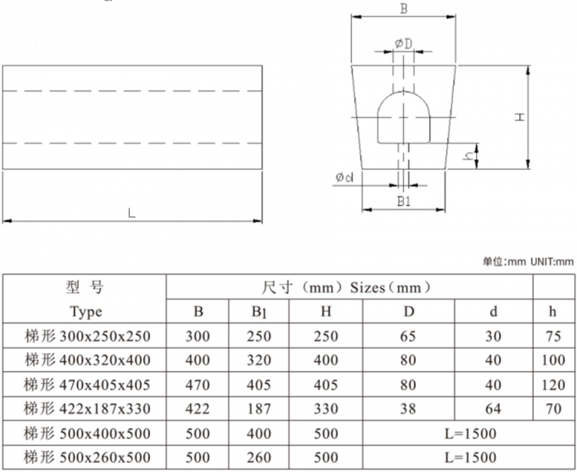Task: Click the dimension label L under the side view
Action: pyautogui.click(x=131, y=213)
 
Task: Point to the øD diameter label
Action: pyautogui.click(x=403, y=43)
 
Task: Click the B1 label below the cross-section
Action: pyautogui.click(x=404, y=202)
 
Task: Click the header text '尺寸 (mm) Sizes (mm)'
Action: pyautogui.click(x=349, y=287)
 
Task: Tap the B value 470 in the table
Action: pyautogui.click(x=197, y=385)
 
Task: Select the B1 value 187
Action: pyautogui.click(x=259, y=409)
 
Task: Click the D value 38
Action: pyautogui.click(x=408, y=409)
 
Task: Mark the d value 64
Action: pyautogui.click(x=493, y=409)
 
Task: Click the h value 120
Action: pyautogui.click(x=552, y=385)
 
